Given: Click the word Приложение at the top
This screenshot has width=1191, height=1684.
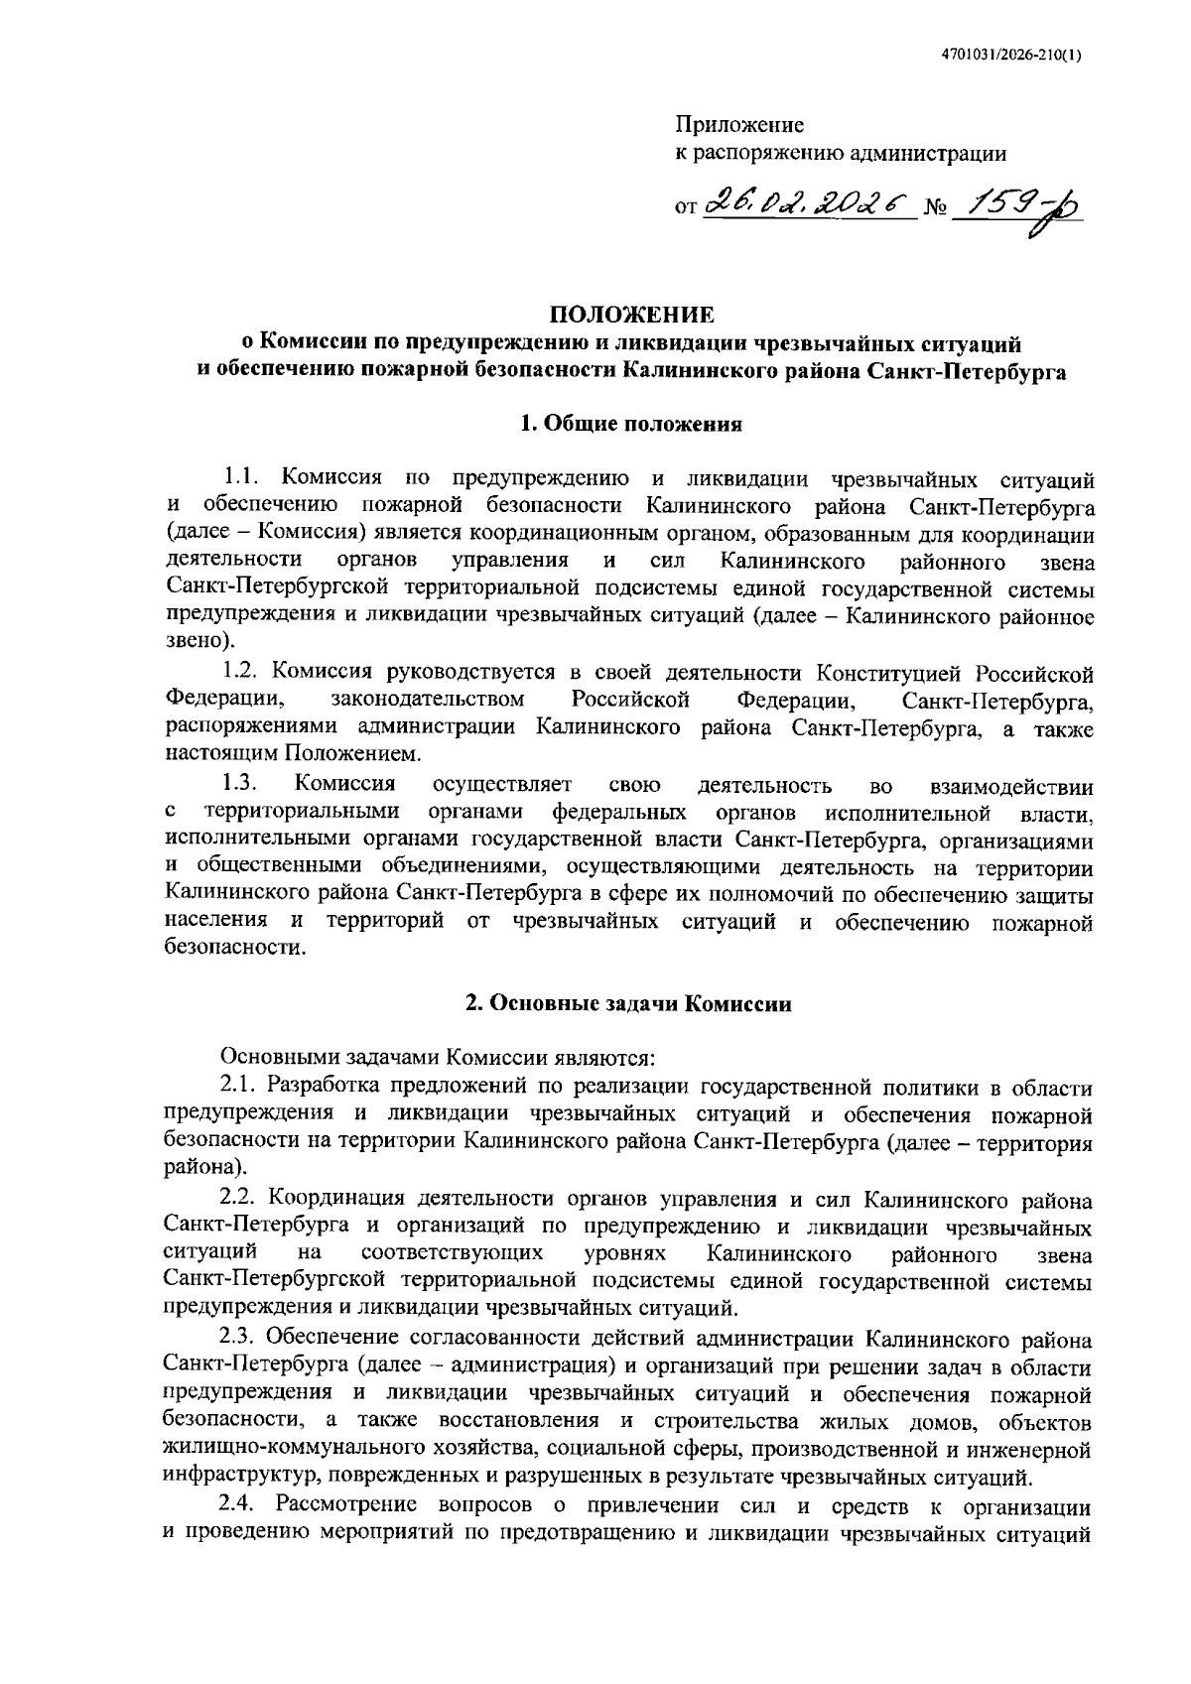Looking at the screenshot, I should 739,126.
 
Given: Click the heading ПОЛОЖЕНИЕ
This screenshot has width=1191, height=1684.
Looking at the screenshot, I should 632,316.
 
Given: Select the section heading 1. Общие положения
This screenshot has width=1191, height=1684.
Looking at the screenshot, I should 632,425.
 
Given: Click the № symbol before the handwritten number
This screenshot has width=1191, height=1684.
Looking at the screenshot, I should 934,209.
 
